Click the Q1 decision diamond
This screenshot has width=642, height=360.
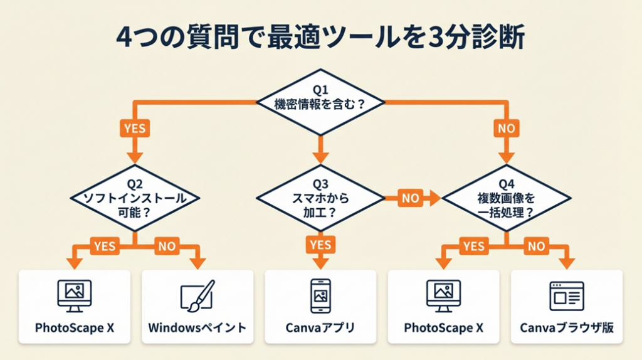click(x=321, y=100)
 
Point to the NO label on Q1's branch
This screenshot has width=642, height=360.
click(x=507, y=129)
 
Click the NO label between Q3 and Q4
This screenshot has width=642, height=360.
click(x=411, y=198)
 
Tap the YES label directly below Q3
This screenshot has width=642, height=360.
click(x=321, y=245)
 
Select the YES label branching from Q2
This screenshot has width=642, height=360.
click(x=104, y=246)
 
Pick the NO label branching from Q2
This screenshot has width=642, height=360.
click(x=167, y=246)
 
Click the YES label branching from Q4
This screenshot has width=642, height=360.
click(x=474, y=246)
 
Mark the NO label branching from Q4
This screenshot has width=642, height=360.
click(x=537, y=246)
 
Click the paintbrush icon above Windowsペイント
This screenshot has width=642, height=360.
click(x=197, y=295)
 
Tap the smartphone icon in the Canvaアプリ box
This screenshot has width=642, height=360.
click(x=320, y=295)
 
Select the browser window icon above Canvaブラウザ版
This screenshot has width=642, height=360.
click(x=567, y=295)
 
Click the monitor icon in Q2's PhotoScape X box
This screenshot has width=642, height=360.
click(x=75, y=295)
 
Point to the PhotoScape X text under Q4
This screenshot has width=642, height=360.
click(x=444, y=328)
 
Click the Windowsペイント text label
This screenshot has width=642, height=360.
click(x=197, y=328)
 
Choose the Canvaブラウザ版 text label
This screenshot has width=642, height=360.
click(x=567, y=328)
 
